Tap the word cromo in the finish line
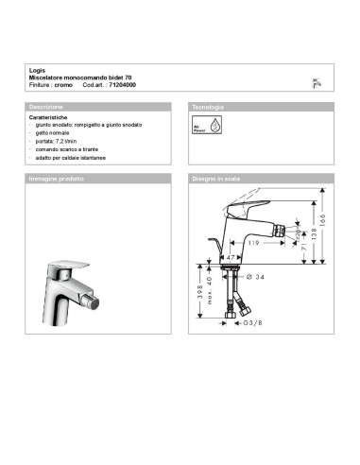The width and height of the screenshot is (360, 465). coord(62,85)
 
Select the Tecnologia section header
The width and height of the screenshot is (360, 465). coord(210,107)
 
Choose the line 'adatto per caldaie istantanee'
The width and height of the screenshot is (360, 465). coord(72,157)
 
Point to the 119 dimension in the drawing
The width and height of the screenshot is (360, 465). coord(253,242)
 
